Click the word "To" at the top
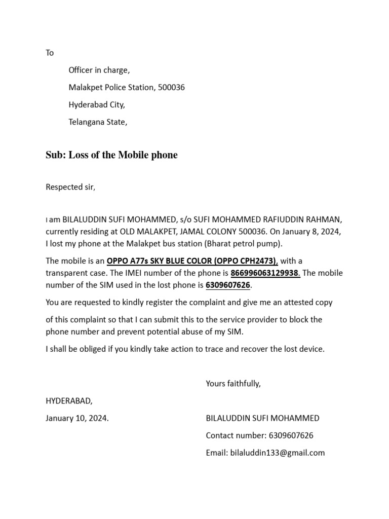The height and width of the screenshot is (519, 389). (x=50, y=53)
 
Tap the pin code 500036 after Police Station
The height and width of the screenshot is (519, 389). (x=171, y=88)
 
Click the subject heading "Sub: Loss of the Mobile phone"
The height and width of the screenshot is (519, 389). (x=111, y=155)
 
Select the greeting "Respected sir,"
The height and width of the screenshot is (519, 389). (x=70, y=187)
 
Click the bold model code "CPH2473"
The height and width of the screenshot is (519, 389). (x=258, y=261)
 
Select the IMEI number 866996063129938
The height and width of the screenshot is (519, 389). (x=265, y=273)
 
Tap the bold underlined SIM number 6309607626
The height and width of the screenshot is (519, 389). (x=228, y=285)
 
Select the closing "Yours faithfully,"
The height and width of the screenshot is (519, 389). (x=233, y=384)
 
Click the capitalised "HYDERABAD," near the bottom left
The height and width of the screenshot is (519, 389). (x=69, y=401)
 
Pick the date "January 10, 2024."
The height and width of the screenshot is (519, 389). (x=77, y=418)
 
